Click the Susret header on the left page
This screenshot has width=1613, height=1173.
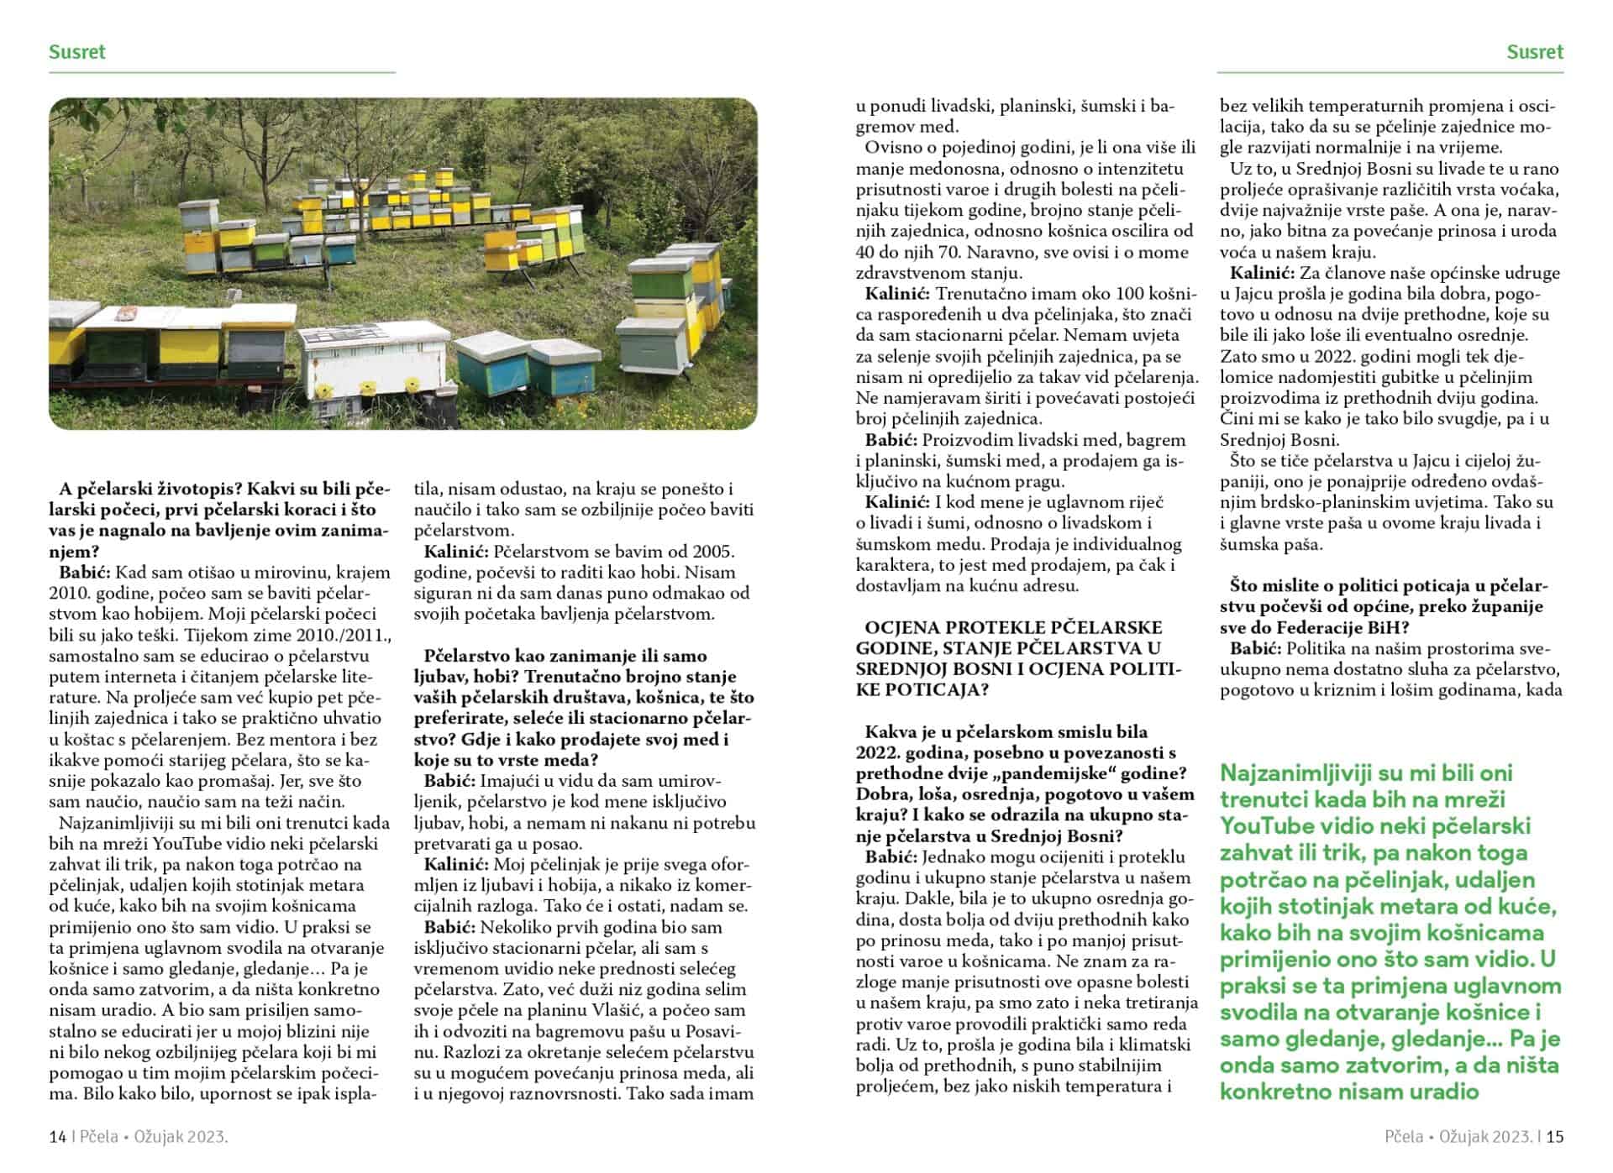[x=77, y=52]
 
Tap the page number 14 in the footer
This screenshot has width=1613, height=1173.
[x=57, y=1137]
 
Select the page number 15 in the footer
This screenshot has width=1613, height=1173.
[x=1554, y=1137]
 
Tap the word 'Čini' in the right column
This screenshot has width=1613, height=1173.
[x=1236, y=419]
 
